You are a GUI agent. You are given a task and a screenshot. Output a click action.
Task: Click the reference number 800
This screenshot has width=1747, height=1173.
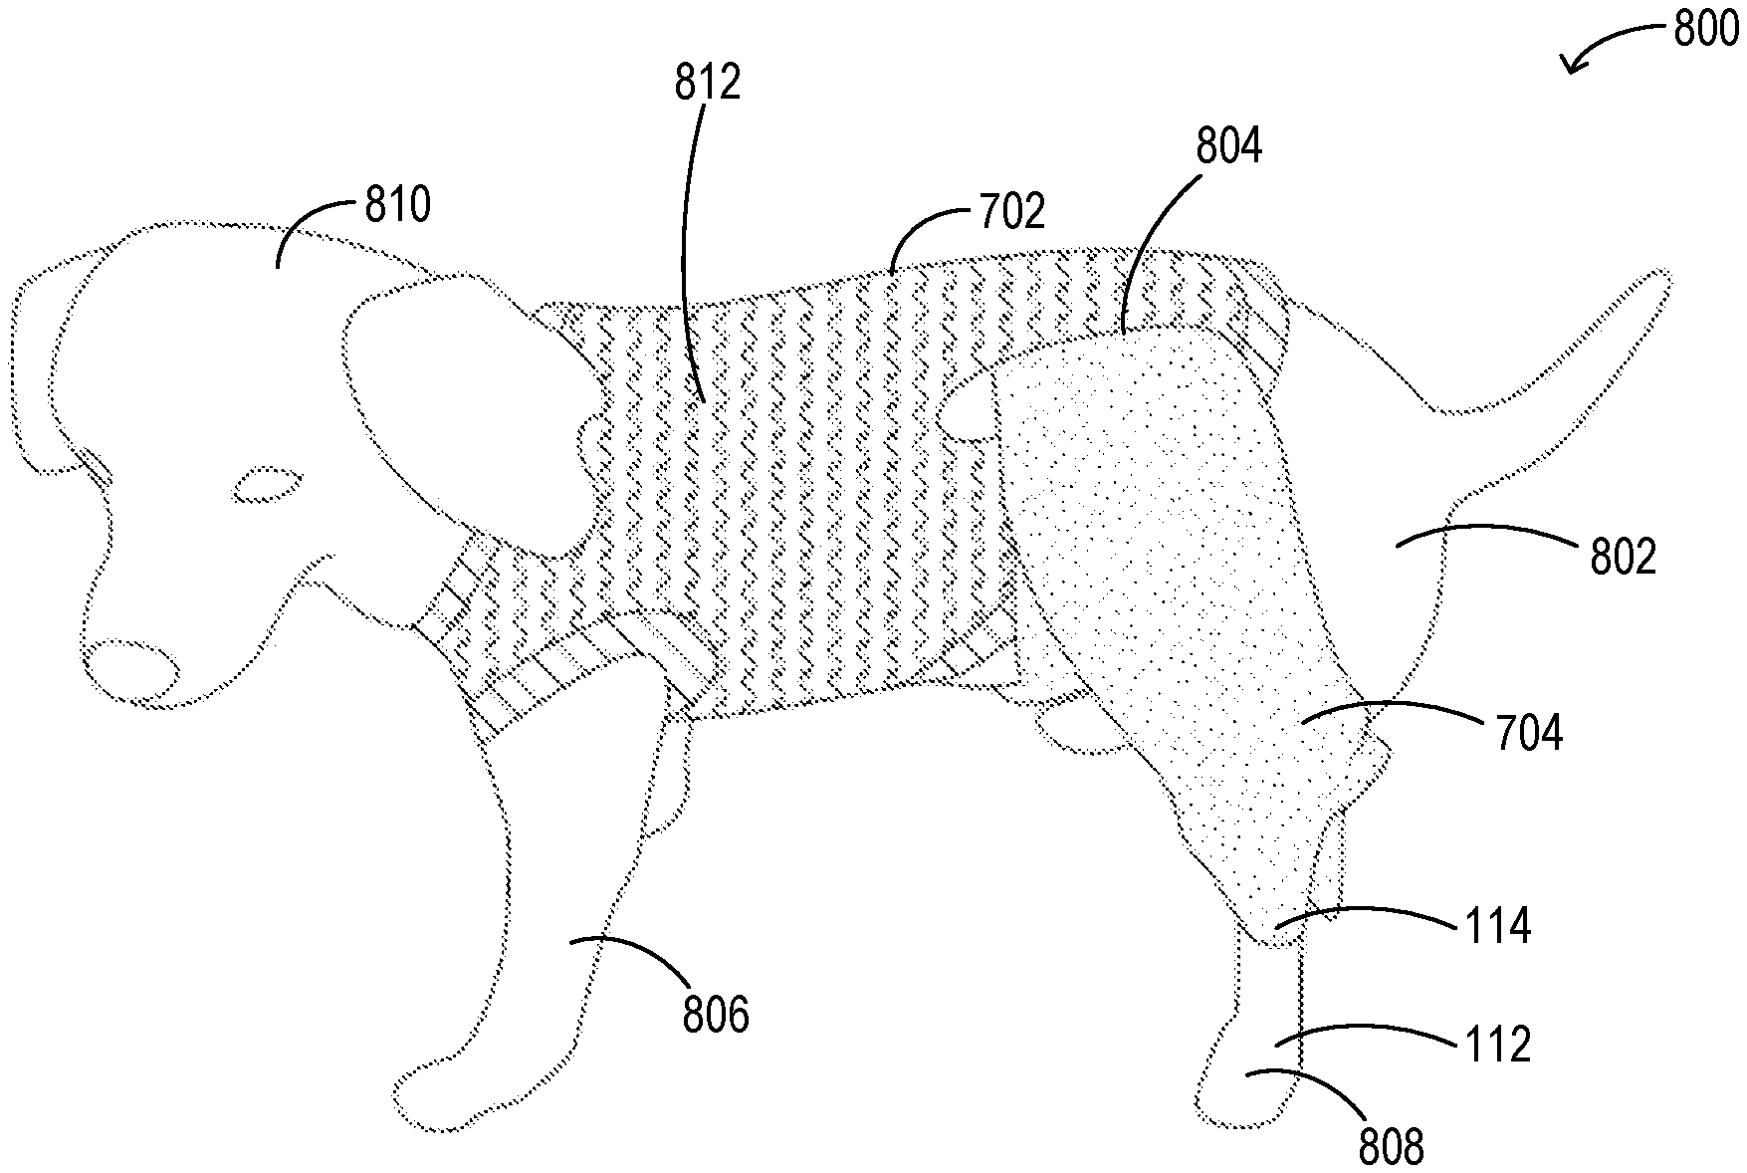(1706, 30)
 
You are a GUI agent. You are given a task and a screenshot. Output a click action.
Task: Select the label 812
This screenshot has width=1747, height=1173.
(708, 82)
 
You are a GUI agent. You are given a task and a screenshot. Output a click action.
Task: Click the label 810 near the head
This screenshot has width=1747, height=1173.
(397, 206)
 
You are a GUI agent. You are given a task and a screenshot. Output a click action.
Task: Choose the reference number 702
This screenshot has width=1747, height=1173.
(1012, 211)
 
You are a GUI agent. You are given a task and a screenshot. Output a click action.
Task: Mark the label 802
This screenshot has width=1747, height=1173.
(1624, 558)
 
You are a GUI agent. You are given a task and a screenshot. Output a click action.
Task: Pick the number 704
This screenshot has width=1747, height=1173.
(1529, 734)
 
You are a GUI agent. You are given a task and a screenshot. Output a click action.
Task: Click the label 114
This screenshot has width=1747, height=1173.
(1498, 927)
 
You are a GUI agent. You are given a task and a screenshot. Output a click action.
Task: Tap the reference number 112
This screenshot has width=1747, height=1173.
(1498, 1045)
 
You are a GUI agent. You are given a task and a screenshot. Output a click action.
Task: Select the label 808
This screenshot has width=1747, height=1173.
(1392, 1148)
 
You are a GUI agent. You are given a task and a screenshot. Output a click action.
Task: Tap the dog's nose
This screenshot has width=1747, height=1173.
(132, 668)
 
